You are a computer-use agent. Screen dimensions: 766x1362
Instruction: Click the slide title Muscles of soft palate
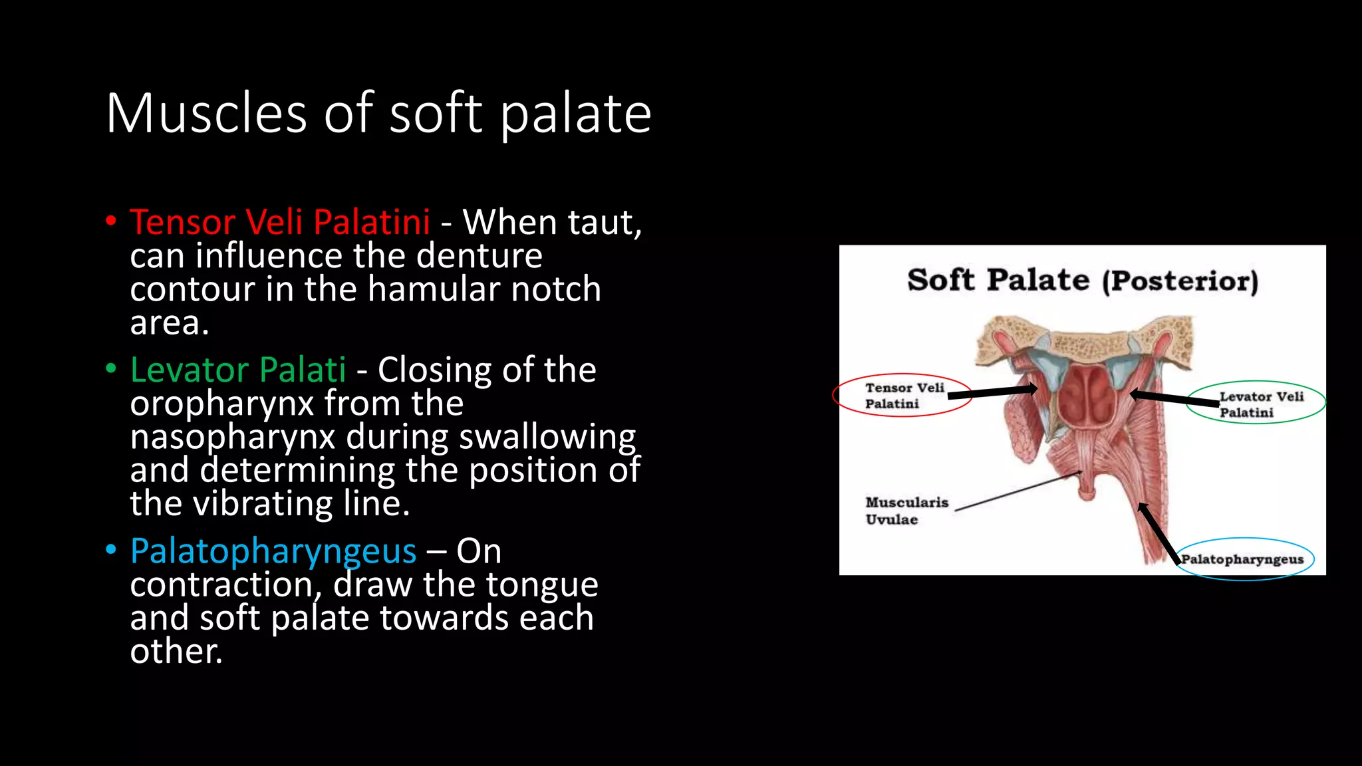[x=378, y=113]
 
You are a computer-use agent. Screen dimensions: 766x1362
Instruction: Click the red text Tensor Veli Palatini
[x=280, y=221]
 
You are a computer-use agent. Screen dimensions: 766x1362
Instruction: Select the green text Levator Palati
[x=238, y=369]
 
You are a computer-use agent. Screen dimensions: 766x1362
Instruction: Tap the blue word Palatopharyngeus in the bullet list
[x=273, y=551]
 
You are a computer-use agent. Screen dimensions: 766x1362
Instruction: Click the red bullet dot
[x=111, y=220]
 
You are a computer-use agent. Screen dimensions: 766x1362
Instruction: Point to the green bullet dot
[x=111, y=368]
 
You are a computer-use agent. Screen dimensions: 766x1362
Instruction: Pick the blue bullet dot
[x=111, y=549]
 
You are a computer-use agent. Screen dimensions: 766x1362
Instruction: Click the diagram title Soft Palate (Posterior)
[x=1083, y=280]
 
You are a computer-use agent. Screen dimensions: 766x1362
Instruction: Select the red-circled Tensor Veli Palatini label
[x=903, y=396]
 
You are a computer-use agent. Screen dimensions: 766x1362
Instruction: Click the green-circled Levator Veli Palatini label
[x=1260, y=404]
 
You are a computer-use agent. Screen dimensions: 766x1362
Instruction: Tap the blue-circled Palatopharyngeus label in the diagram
[x=1242, y=559]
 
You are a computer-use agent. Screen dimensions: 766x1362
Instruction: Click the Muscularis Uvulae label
[x=906, y=511]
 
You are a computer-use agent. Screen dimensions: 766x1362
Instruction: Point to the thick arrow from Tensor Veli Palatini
[x=992, y=392]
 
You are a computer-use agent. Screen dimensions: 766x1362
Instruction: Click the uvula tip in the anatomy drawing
[x=1087, y=493]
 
